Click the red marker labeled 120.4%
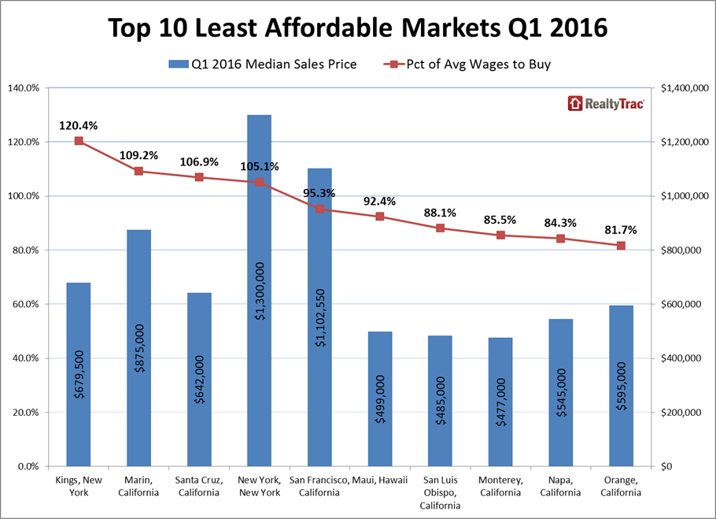click(79, 141)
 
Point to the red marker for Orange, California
click(621, 246)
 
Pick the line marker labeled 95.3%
click(319, 209)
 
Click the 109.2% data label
click(138, 155)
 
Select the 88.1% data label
click(440, 212)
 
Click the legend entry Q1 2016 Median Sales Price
click(263, 64)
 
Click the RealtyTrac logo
click(605, 103)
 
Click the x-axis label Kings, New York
click(79, 487)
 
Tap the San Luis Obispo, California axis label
click(440, 492)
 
